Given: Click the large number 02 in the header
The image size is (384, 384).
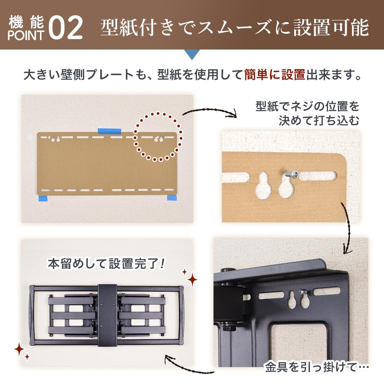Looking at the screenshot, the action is pos(65,28).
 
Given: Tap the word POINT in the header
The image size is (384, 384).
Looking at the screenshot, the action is pos(26,35).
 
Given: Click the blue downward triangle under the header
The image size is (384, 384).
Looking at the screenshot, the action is pos(192,55).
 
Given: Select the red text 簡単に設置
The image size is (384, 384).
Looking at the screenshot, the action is pos(275,75).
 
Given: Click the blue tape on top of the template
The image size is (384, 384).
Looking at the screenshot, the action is pos(109,131).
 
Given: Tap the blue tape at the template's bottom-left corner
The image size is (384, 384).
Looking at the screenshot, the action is pos(43,199).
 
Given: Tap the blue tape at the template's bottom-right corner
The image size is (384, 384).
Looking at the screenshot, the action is pos(172,198).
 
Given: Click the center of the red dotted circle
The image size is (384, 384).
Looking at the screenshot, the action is pos(158,137).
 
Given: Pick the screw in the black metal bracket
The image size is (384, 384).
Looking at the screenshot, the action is pos(303,292).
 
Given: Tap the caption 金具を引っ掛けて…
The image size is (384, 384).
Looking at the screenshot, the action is pos(317,367).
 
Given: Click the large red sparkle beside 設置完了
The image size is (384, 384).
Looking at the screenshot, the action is pos(193,280).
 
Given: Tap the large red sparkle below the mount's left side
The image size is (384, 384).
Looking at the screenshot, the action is pos(19,349).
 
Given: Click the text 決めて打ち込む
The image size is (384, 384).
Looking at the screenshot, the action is pos(319,121).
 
